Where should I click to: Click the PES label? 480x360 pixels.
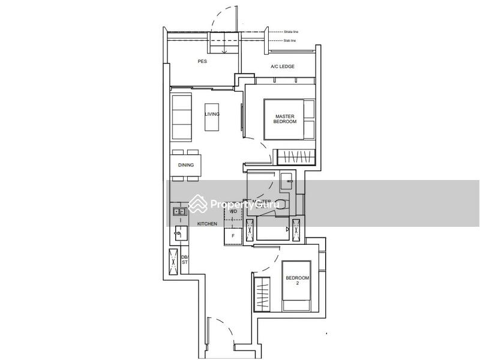click(202, 61)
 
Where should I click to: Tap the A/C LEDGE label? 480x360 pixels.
click(283, 67)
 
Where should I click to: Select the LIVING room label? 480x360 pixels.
click(212, 114)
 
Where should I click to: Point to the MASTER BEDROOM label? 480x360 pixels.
click(286, 119)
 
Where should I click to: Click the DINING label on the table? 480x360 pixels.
click(185, 166)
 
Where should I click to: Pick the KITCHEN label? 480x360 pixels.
click(207, 224)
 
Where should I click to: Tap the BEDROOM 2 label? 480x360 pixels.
click(297, 281)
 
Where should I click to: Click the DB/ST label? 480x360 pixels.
click(185, 260)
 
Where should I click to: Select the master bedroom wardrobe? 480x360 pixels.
click(296, 156)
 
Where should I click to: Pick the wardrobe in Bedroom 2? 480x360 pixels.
click(263, 293)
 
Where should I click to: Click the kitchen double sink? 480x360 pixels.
click(179, 211)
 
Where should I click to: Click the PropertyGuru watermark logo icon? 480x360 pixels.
click(199, 204)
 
